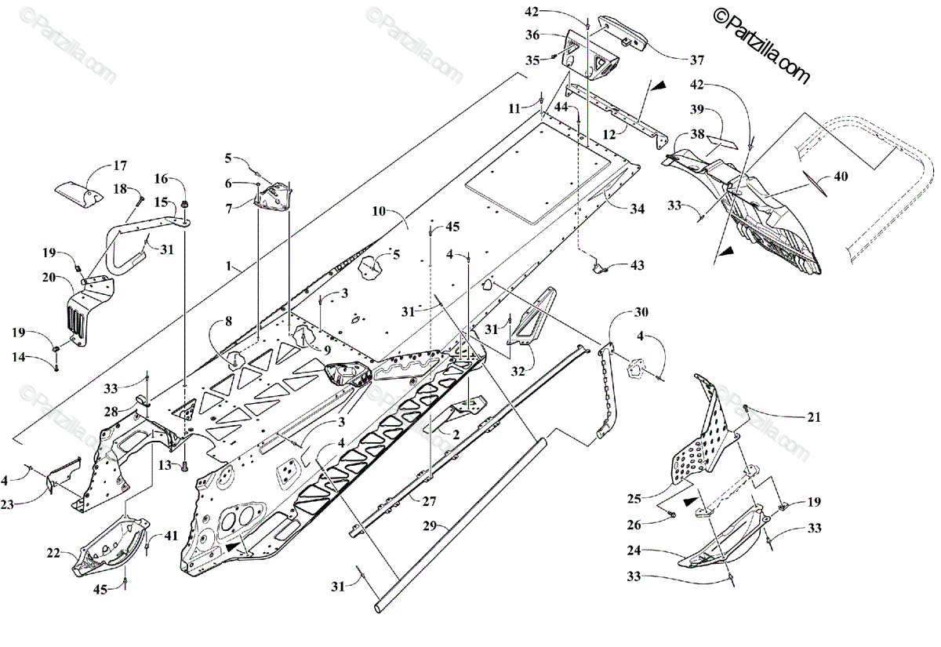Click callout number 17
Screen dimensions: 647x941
pyautogui.click(x=119, y=165)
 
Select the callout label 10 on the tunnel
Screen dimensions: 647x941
pyautogui.click(x=380, y=211)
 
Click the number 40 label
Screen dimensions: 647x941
pyautogui.click(x=840, y=176)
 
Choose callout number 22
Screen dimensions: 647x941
pyautogui.click(x=53, y=553)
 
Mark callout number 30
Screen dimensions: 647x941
pyautogui.click(x=641, y=313)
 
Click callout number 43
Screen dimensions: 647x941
pyautogui.click(x=636, y=266)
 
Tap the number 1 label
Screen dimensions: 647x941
pyautogui.click(x=228, y=267)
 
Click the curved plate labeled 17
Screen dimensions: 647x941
pyautogui.click(x=78, y=192)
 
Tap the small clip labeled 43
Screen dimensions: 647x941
pyautogui.click(x=600, y=267)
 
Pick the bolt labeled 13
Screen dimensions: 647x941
pyautogui.click(x=185, y=467)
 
